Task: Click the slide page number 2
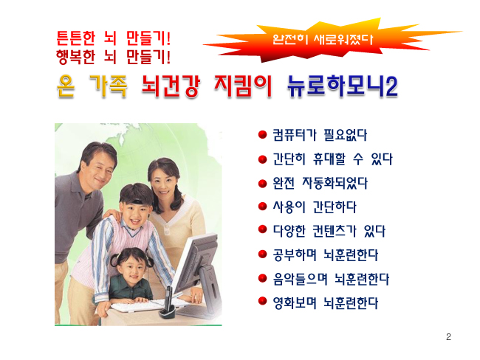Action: (x=448, y=337)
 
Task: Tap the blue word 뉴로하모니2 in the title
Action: (x=343, y=86)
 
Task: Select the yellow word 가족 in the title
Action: (x=109, y=86)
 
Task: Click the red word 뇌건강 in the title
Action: (x=171, y=86)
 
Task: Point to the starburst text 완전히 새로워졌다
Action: (x=323, y=39)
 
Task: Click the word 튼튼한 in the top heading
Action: (x=75, y=38)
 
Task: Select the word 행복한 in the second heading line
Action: (x=75, y=57)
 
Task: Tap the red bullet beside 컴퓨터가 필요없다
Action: (x=262, y=134)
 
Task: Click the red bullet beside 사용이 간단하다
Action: (x=262, y=207)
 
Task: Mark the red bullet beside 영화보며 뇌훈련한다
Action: (x=262, y=301)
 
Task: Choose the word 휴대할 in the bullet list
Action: (x=329, y=159)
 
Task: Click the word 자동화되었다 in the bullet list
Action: (x=335, y=183)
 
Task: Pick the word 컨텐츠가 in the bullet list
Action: (x=335, y=231)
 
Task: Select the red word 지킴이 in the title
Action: (x=243, y=86)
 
